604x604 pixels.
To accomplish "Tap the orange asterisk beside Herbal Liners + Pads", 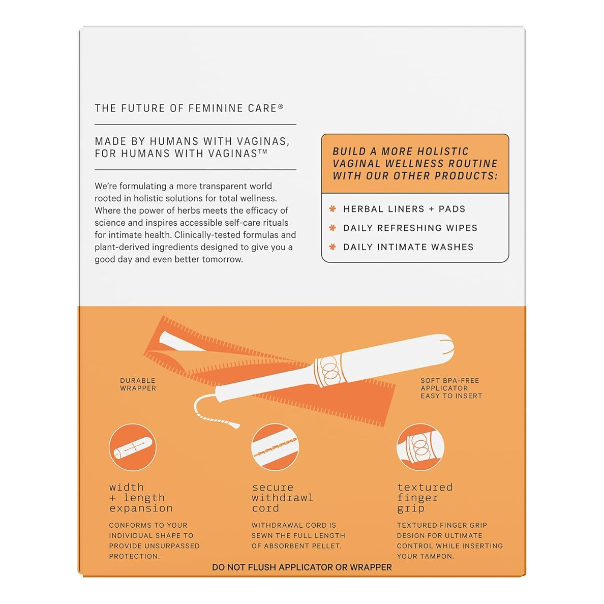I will (x=333, y=209).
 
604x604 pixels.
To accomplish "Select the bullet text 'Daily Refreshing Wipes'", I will (x=410, y=228).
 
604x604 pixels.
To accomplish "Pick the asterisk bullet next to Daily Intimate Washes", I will (x=333, y=247).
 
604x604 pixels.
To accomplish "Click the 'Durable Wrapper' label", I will (x=138, y=384).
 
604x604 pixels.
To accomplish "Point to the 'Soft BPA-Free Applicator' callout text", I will (x=450, y=388).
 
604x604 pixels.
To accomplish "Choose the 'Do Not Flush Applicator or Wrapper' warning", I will (x=302, y=567).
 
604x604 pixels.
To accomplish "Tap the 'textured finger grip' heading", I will (x=425, y=498).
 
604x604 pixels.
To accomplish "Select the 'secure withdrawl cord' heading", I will (x=282, y=498).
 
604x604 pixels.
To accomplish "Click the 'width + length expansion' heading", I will (x=140, y=498).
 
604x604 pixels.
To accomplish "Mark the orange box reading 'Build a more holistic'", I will (x=415, y=164).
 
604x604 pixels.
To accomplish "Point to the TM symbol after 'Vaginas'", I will (x=263, y=151).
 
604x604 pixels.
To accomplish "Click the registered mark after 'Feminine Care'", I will (x=281, y=106).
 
